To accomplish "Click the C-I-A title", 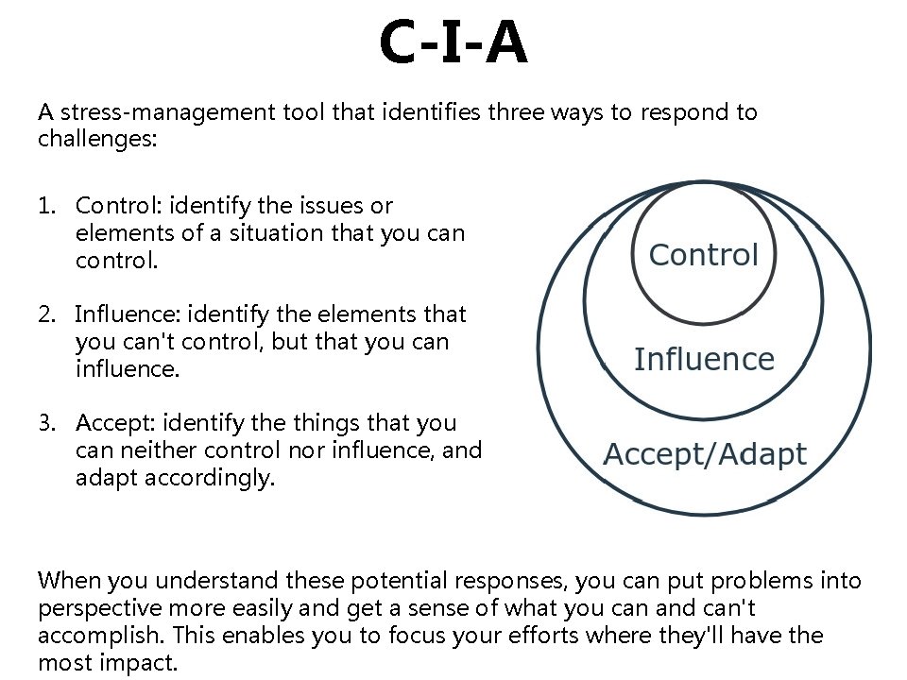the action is tap(453, 44).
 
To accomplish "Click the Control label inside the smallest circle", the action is tap(704, 255).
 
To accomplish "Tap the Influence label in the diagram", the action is tap(704, 360).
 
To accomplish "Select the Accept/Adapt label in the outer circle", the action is tap(705, 454).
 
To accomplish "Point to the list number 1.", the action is tap(45, 206).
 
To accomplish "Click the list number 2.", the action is tap(45, 314).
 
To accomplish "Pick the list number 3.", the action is tap(45, 423).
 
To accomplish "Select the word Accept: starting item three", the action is tap(111, 423).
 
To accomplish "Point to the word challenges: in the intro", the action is tap(97, 141).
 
